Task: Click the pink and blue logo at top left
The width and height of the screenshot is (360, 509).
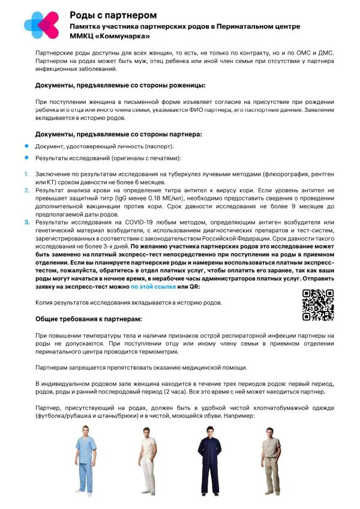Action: [x=41, y=25]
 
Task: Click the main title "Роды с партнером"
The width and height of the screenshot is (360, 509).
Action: [x=113, y=15]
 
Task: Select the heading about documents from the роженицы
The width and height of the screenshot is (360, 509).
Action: [x=120, y=85]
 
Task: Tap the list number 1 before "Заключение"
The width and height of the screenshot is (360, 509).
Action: [x=26, y=175]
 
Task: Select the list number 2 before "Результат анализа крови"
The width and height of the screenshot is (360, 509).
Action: [x=27, y=190]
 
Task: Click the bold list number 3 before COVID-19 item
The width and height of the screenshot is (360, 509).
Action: [x=27, y=222]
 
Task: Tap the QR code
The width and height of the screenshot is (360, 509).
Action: [x=317, y=305]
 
